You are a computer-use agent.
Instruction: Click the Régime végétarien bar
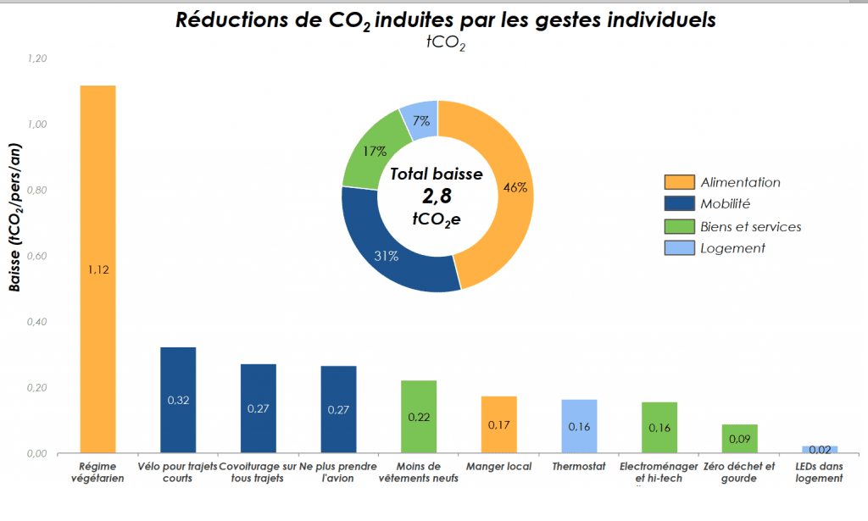[x=97, y=212]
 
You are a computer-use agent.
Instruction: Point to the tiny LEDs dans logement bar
[x=819, y=449]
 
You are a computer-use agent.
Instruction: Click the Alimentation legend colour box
[x=679, y=182]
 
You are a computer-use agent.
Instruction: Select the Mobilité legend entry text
[x=726, y=203]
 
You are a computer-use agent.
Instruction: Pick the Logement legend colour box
[x=679, y=248]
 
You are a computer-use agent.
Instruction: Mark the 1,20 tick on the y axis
[x=37, y=58]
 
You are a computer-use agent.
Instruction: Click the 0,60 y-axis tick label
[x=37, y=256]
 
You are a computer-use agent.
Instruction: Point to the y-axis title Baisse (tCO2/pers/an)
[x=14, y=220]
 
